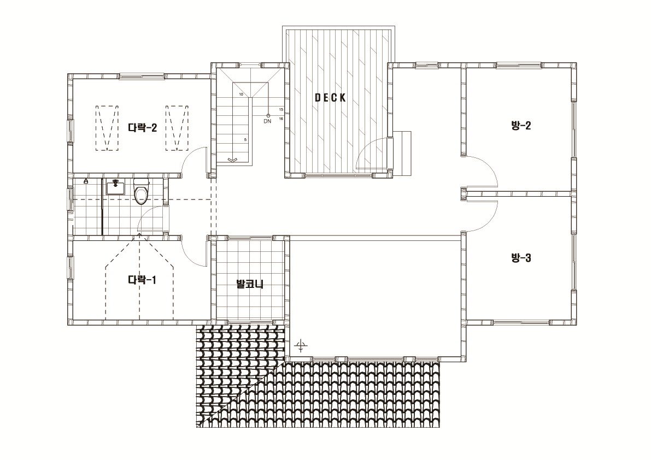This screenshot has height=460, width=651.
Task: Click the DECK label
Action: click(x=330, y=98)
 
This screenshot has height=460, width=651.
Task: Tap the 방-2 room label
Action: click(x=520, y=125)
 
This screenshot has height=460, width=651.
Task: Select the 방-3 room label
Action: click(x=520, y=258)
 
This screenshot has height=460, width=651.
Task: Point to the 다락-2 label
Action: click(x=143, y=127)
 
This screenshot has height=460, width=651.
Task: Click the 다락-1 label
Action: click(x=142, y=280)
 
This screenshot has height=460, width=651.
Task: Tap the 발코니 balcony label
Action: click(x=250, y=284)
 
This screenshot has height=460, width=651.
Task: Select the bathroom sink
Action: click(x=115, y=187)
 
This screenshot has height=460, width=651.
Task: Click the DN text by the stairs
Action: click(x=267, y=121)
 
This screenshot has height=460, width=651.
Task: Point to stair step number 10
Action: click(x=241, y=95)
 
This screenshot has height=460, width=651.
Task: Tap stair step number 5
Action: click(x=245, y=140)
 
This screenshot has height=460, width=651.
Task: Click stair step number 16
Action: click(x=281, y=119)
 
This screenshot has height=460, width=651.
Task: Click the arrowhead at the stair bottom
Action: click(x=232, y=160)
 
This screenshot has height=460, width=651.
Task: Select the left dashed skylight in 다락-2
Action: click(x=107, y=128)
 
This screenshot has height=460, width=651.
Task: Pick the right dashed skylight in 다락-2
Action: click(x=177, y=128)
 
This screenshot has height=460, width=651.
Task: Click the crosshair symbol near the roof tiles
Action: click(x=301, y=345)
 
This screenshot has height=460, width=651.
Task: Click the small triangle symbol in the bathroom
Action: click(x=85, y=181)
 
